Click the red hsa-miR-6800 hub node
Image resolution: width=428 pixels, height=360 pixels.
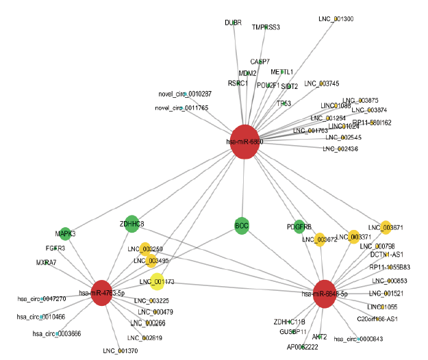click(246, 142)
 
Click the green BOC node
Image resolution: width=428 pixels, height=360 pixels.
click(241, 225)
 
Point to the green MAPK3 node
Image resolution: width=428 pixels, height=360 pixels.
click(65, 233)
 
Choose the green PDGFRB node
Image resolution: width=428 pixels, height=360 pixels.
click(299, 227)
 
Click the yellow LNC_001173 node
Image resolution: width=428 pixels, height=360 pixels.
click(152, 281)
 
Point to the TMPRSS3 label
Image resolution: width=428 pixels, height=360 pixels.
click(266, 27)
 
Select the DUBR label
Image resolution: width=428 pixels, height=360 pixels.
click(233, 23)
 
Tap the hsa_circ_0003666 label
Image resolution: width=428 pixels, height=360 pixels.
click(57, 333)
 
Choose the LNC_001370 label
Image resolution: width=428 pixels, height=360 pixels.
click(120, 351)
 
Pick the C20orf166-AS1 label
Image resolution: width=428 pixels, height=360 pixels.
click(377, 319)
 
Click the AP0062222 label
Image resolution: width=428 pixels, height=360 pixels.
click(302, 348)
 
